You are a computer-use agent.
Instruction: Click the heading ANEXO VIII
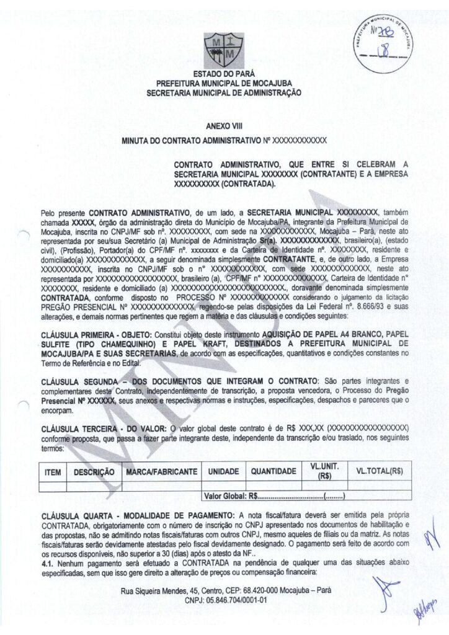[224, 126]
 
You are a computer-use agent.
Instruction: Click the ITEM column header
[53, 472]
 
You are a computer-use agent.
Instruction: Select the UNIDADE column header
[223, 472]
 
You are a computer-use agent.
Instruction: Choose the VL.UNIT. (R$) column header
[323, 472]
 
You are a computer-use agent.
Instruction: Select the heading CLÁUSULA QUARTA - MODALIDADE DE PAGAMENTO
[140, 515]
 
